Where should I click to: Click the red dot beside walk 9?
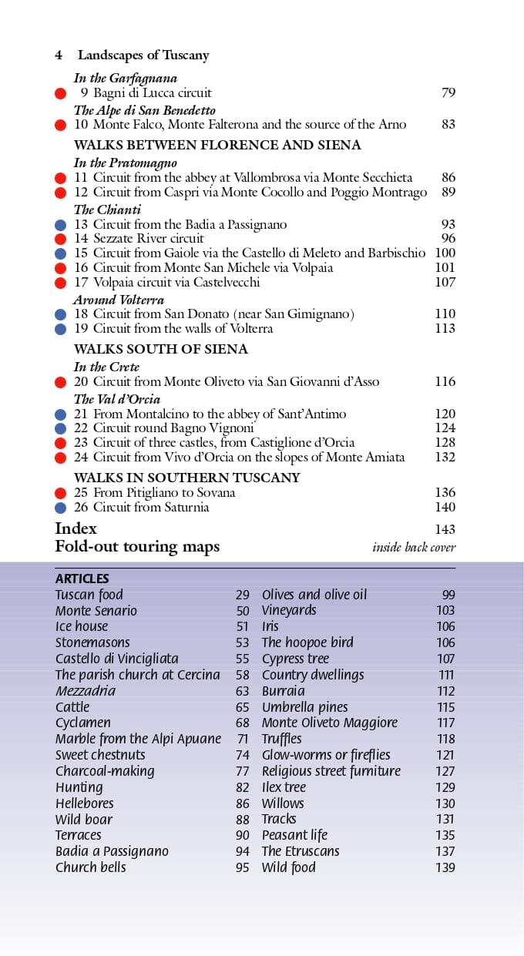click(x=61, y=93)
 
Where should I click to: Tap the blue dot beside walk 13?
click(x=61, y=225)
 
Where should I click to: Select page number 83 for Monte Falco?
click(x=448, y=124)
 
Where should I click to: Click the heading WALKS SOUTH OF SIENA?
click(x=160, y=349)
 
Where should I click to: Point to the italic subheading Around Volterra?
click(x=119, y=300)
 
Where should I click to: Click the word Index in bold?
click(x=76, y=528)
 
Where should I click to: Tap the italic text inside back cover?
click(x=414, y=548)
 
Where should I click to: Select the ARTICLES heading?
click(x=82, y=579)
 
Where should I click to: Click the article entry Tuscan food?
click(x=89, y=595)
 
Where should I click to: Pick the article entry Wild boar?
click(x=83, y=820)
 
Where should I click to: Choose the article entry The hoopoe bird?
click(x=307, y=642)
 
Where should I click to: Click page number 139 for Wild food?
click(x=445, y=867)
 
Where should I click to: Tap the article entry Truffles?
click(x=281, y=739)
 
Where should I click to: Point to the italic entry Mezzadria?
click(x=85, y=691)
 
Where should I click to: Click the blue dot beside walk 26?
click(x=61, y=508)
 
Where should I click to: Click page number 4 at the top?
click(x=59, y=55)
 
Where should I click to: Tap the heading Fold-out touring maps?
click(x=137, y=547)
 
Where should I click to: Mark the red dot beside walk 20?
click(x=61, y=382)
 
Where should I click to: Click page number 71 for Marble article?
click(x=243, y=739)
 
